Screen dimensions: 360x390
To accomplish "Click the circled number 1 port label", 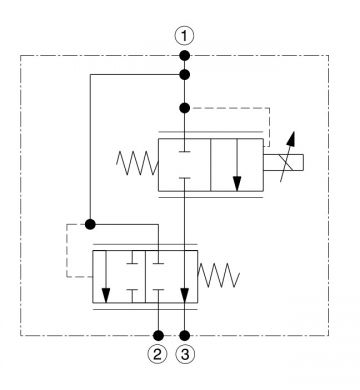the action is (x=184, y=36).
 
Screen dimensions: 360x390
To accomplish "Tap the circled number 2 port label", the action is (x=157, y=354).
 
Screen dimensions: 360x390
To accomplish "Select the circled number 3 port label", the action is (x=185, y=354).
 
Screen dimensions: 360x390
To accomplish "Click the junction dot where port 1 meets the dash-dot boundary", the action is (x=184, y=55).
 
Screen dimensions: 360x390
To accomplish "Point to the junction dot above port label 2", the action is (x=158, y=335).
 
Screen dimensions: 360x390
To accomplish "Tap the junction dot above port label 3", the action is (x=184, y=335).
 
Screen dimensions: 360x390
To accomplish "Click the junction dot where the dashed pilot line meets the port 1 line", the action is (x=184, y=108).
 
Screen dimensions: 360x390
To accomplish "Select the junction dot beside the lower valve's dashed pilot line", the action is (x=90, y=224).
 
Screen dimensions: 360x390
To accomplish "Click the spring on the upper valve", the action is (x=137, y=163).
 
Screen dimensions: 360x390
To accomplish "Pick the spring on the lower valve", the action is (x=219, y=275).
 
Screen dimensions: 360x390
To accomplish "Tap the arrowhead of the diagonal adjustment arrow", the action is (x=292, y=138).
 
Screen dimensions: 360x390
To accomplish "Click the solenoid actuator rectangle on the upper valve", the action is (x=283, y=163).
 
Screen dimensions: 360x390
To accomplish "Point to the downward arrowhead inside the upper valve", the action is (x=237, y=184).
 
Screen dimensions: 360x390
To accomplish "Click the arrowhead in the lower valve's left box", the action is (x=106, y=296).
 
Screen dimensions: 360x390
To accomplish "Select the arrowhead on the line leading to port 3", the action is (x=184, y=296).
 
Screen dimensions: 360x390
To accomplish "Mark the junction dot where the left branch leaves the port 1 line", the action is (x=184, y=75).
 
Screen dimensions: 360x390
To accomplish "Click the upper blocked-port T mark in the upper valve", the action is (x=184, y=151).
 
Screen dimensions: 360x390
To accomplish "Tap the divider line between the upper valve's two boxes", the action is (x=211, y=165).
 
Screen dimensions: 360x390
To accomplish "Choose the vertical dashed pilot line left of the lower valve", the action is (x=67, y=250).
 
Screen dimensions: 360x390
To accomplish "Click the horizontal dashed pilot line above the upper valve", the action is (x=230, y=108).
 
